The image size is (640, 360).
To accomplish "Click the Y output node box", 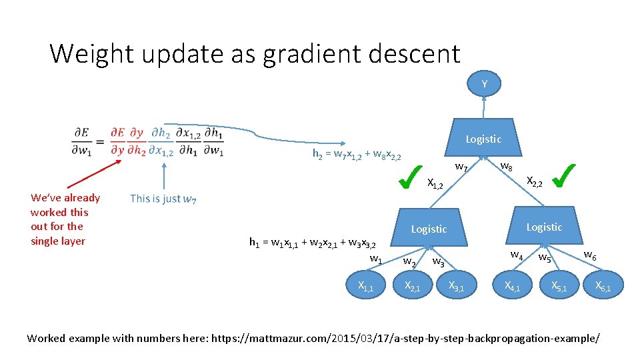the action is tap(484, 84).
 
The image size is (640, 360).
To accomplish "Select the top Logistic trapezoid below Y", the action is tap(483, 139).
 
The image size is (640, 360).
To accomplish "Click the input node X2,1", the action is tap(413, 286).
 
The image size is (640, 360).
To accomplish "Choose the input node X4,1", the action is tap(513, 286).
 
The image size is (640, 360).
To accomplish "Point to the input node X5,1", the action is tap(559, 286).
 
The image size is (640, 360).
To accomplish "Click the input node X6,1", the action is tap(602, 286).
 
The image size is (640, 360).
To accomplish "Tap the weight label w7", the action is tap(461, 166).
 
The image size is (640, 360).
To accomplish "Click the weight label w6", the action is tap(590, 255).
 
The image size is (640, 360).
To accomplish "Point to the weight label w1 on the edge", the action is tap(376, 259).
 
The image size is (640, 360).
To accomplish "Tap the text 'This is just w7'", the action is tap(163, 198).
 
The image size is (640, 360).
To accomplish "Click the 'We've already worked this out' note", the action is tap(65, 219).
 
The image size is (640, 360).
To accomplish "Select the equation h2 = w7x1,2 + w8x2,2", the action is tap(357, 154).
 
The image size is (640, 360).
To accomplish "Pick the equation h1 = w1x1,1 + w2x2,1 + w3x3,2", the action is tap(313, 243).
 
